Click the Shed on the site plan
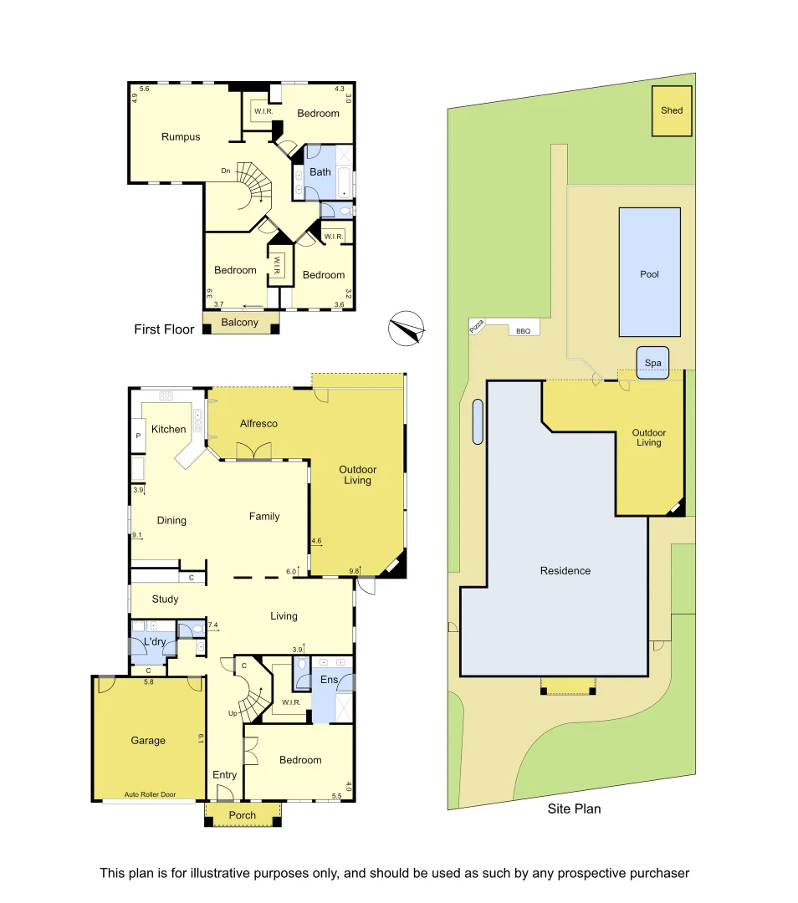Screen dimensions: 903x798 point(672,110)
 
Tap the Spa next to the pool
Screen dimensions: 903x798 point(652,364)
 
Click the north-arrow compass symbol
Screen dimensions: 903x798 point(407,328)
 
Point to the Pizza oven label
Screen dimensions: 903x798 point(478,329)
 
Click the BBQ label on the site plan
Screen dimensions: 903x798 point(524,331)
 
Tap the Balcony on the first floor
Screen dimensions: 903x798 point(239,323)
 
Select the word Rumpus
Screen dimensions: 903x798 point(181,137)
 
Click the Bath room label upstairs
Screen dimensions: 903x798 point(320,172)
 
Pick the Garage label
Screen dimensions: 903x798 point(148,740)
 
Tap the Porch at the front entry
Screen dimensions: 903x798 point(243,815)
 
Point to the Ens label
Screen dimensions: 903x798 point(330,680)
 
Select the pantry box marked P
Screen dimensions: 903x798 point(137,436)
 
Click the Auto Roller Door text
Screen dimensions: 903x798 point(149,794)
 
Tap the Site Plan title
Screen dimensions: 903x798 point(574,809)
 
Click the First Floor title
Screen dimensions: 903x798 point(164,329)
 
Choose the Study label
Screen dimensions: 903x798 point(166,599)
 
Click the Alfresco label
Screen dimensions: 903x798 point(258,423)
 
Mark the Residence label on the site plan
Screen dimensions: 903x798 point(565,571)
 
